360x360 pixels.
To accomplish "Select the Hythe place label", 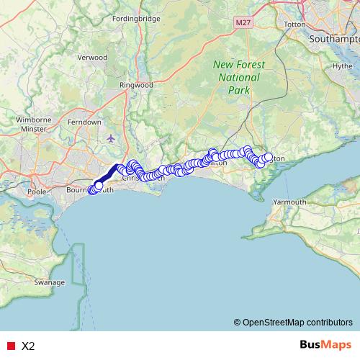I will (x=342, y=66).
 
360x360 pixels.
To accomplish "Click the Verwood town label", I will (x=92, y=57).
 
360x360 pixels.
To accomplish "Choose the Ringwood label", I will (x=136, y=84).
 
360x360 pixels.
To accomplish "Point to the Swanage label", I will (x=50, y=282).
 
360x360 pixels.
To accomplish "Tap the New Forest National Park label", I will (x=238, y=77).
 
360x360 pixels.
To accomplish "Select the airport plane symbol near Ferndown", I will (x=109, y=138).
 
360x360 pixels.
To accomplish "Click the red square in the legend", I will (x=11, y=346).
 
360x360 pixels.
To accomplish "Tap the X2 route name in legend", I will (x=28, y=346).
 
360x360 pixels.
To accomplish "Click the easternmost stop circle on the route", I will (x=269, y=157).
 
